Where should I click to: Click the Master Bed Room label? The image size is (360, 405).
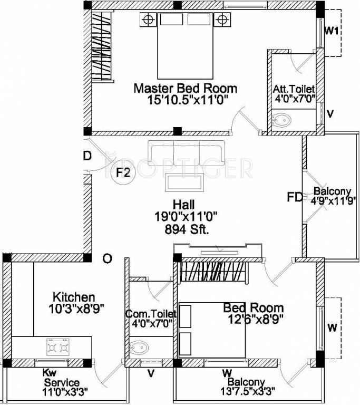click(185, 88)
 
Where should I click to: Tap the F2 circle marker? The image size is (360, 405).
click(122, 172)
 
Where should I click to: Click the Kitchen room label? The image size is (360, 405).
click(74, 297)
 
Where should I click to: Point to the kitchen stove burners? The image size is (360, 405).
click(58, 348)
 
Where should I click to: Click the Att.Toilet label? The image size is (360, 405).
click(294, 89)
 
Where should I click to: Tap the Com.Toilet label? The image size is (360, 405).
click(150, 314)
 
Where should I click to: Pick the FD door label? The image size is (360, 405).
click(295, 197)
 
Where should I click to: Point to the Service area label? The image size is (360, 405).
click(62, 382)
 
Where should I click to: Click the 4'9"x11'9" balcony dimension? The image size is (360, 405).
click(331, 200)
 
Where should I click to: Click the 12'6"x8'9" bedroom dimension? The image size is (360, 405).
click(253, 319)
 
